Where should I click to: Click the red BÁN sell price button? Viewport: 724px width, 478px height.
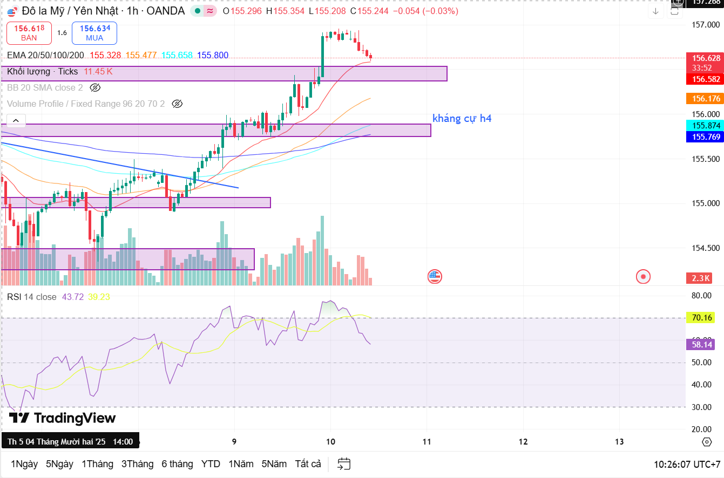(x=29, y=33)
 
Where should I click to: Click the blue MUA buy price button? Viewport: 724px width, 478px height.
(x=94, y=33)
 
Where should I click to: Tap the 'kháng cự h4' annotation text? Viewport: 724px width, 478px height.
(x=462, y=118)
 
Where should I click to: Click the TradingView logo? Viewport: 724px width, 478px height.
(x=62, y=418)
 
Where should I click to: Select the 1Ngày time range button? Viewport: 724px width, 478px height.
(x=24, y=464)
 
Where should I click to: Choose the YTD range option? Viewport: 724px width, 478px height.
(x=211, y=464)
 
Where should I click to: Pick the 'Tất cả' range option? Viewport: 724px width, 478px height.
(x=308, y=464)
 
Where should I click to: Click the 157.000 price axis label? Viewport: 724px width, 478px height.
(x=706, y=25)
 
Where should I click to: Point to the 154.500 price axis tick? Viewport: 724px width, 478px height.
(x=706, y=248)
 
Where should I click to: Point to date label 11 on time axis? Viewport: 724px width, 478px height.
(x=427, y=442)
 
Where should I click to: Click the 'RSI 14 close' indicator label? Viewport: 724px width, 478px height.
(x=32, y=297)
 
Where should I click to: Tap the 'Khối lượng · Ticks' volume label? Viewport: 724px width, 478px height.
(x=43, y=71)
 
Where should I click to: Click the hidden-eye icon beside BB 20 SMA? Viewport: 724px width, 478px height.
(x=95, y=87)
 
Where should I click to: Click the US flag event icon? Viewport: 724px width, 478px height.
(x=435, y=277)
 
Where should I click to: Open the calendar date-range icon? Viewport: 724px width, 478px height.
(x=344, y=464)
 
